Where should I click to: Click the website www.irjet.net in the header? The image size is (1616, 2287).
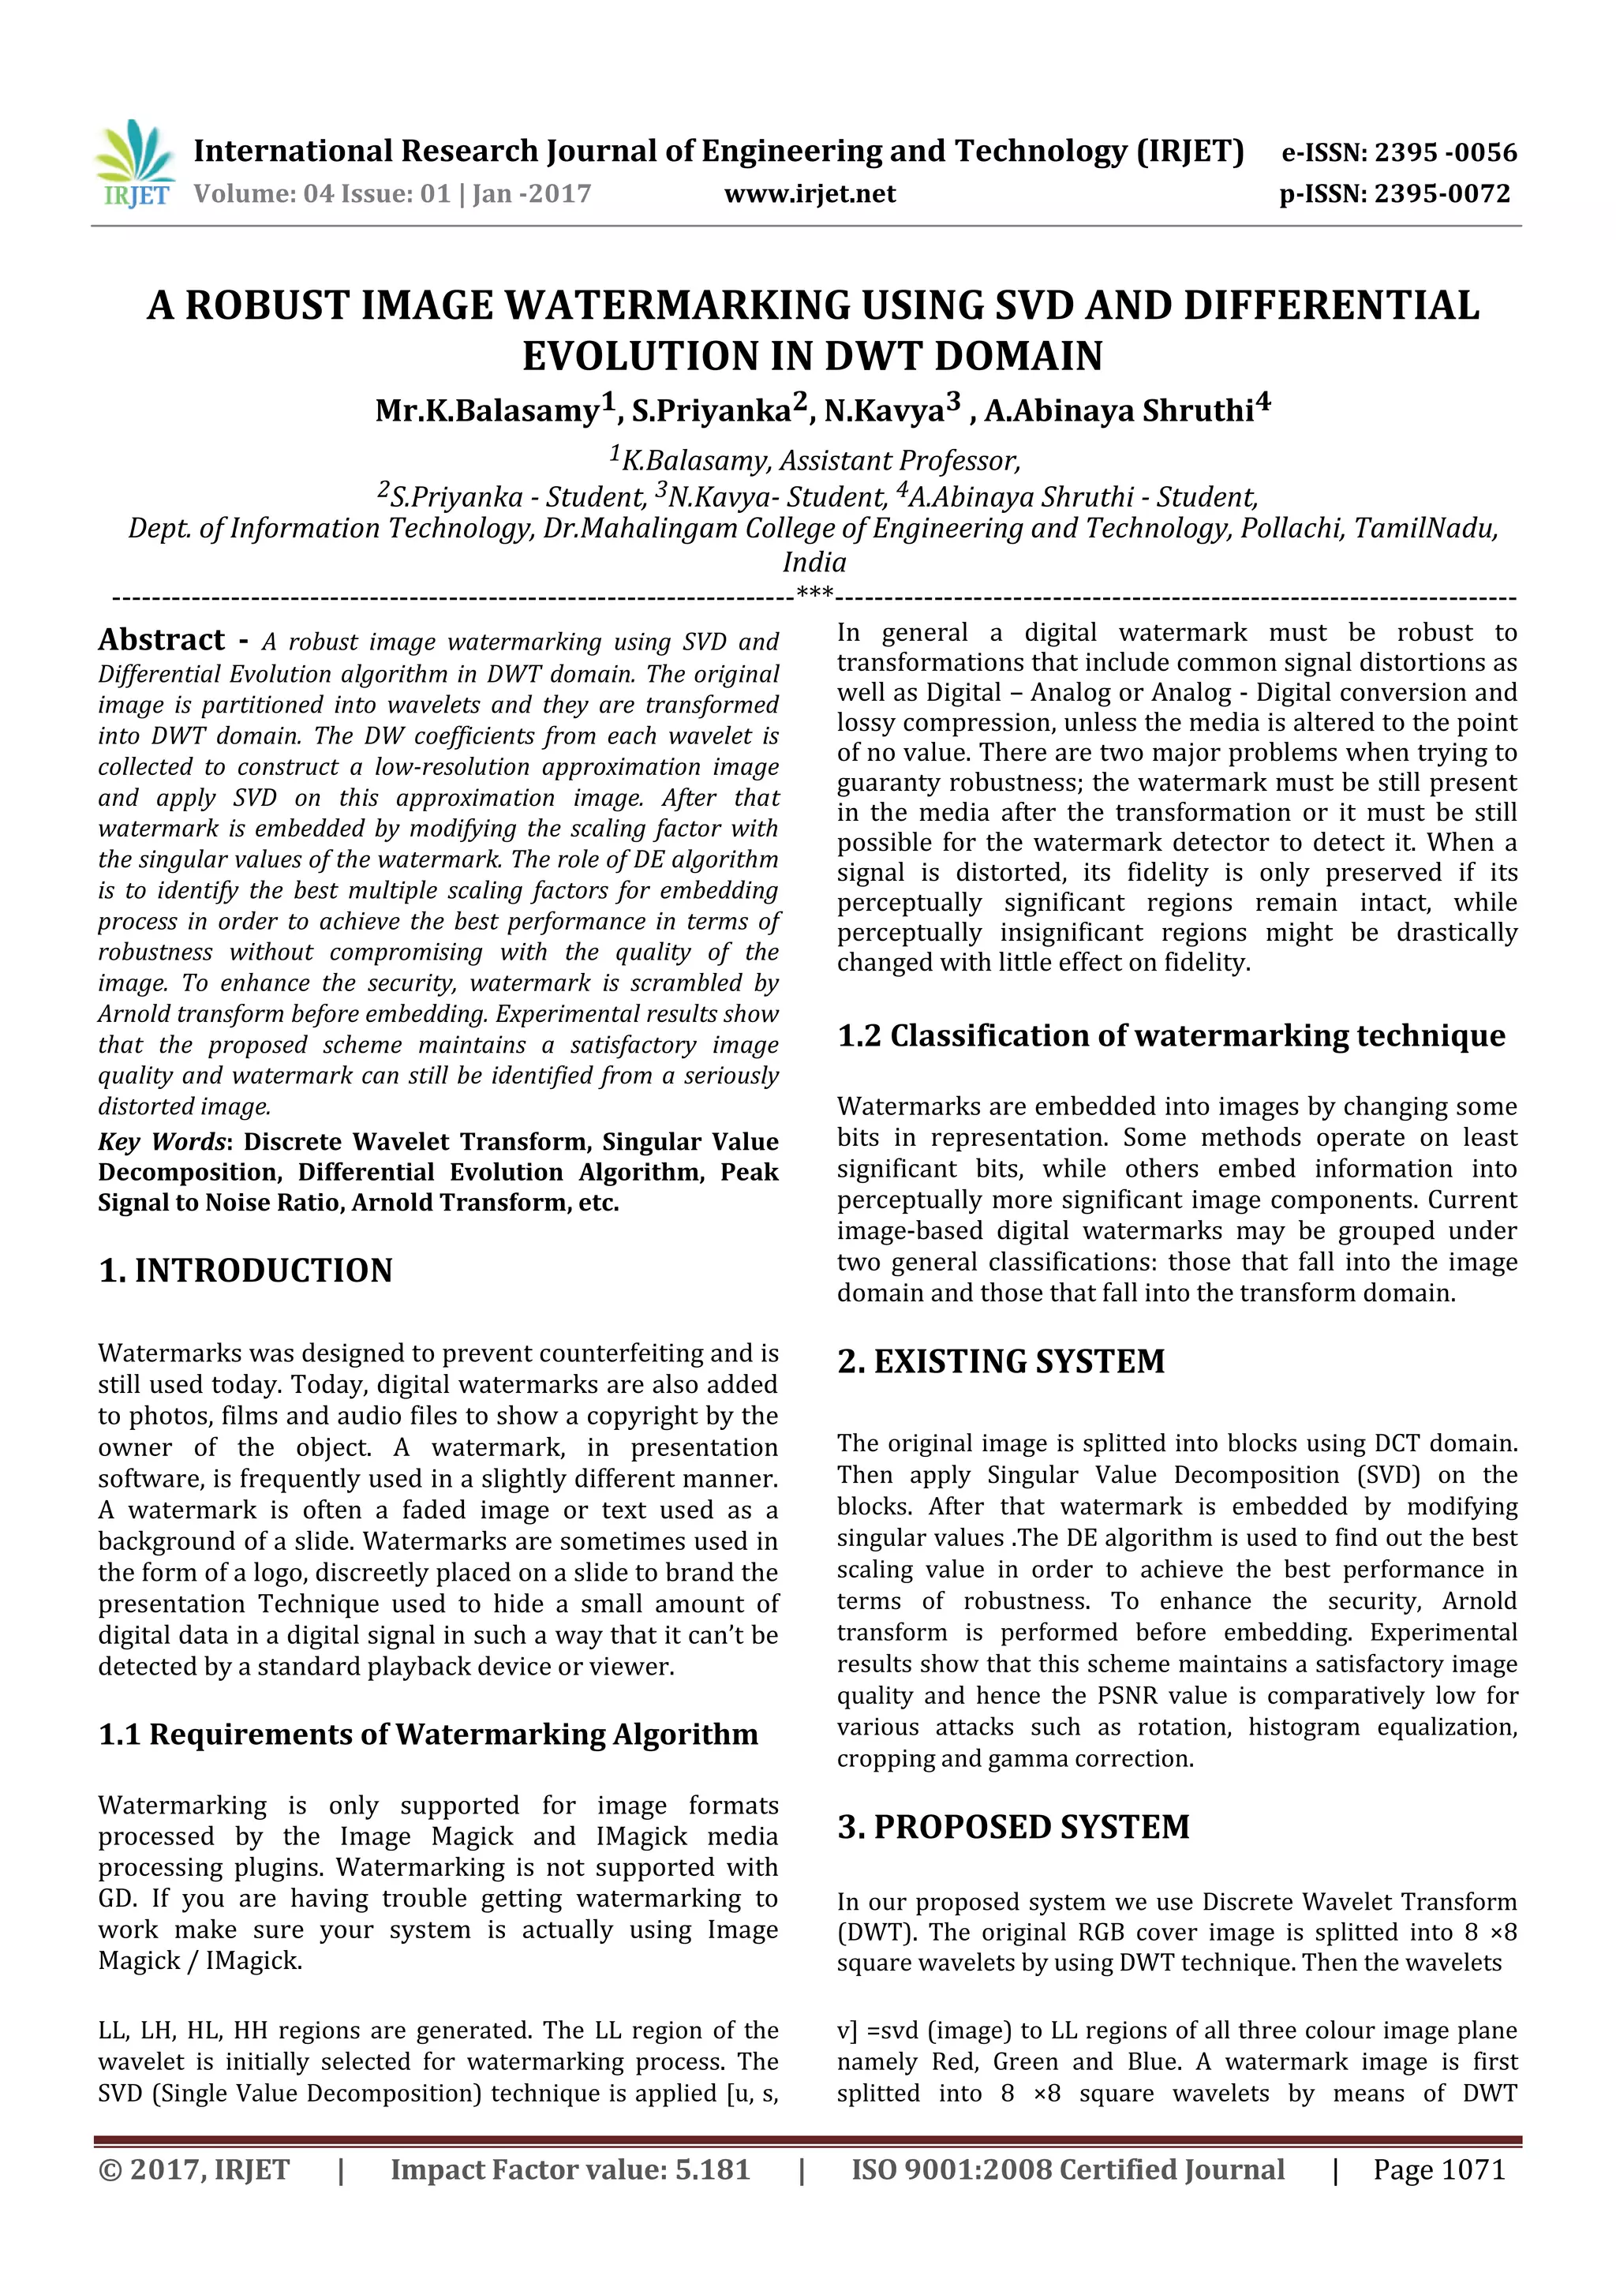point(810,193)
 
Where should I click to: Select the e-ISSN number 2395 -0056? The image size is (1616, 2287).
point(1445,152)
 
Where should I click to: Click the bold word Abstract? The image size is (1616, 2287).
point(161,639)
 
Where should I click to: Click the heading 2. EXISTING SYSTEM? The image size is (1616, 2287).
point(1001,1361)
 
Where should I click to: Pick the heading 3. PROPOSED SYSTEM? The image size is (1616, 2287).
point(1012,1826)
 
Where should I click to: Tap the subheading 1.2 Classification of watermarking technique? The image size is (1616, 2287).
point(1170,1036)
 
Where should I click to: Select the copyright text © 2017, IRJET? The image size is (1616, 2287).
point(194,2169)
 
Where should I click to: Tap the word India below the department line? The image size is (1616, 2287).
point(814,562)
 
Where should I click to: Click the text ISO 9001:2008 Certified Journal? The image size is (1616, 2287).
point(1068,2169)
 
